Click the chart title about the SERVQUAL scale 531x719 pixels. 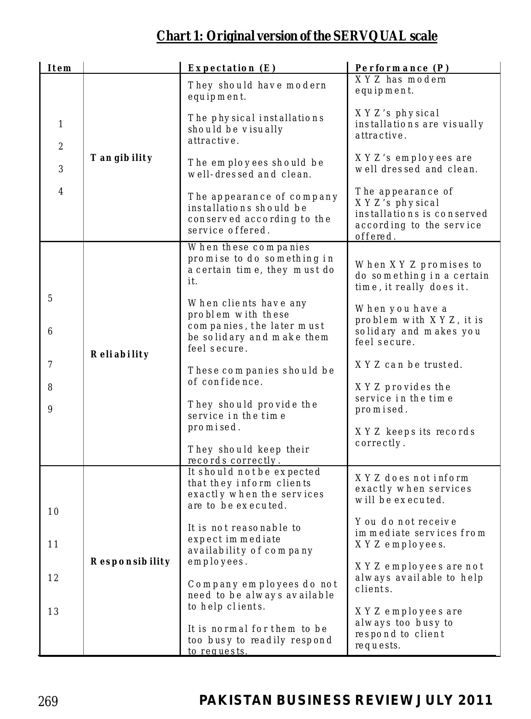tap(297, 36)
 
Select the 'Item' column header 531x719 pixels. tap(59, 68)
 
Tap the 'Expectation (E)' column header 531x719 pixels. tap(232, 68)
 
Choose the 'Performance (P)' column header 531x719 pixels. tap(402, 68)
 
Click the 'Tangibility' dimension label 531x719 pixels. tap(121, 158)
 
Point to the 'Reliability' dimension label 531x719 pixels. tap(120, 354)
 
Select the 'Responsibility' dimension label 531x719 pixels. tap(130, 561)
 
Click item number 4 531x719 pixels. tap(61, 192)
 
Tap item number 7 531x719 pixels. tap(50, 365)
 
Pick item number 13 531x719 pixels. tap(53, 612)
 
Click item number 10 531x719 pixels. tap(53, 512)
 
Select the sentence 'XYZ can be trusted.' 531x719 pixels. tap(409, 365)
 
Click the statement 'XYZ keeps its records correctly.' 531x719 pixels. tap(415, 437)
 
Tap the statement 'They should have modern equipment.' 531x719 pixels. tap(257, 91)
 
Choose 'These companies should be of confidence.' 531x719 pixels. tap(261, 376)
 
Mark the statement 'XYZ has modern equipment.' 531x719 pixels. tap(401, 85)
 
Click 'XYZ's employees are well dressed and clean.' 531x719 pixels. tap(417, 163)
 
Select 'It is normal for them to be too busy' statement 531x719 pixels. tap(260, 640)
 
